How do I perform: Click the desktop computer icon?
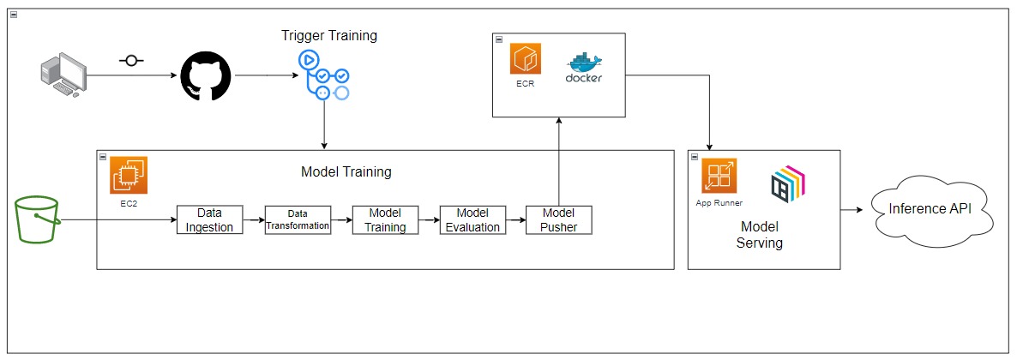coord(64,75)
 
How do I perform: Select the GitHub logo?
coord(206,75)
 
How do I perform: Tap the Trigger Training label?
coord(328,36)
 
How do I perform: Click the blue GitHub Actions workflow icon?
coord(323,75)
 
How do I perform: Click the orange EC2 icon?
coord(129,175)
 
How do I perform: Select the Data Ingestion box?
coord(209,219)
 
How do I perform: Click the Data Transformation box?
coord(298,219)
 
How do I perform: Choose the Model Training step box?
coord(385,219)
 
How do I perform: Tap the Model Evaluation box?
coord(472,219)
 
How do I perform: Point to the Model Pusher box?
coord(558,219)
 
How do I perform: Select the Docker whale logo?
coord(584,67)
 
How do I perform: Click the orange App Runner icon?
coord(719,177)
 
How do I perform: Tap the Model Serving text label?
coord(760,234)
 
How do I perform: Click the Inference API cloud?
coord(930,210)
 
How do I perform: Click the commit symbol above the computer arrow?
coord(131,62)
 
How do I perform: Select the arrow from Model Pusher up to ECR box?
coord(558,163)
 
